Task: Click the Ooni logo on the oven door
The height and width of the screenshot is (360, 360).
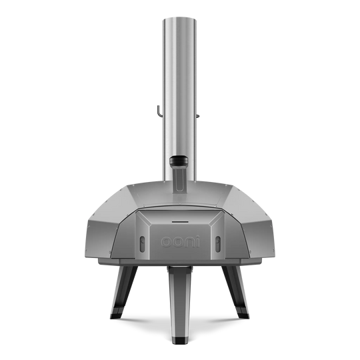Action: (180, 241)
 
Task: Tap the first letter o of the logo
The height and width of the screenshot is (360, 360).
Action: (166, 243)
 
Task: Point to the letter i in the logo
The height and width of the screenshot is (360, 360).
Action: (197, 241)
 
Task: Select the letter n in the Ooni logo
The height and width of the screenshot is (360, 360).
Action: (189, 243)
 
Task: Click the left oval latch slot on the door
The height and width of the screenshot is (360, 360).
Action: (143, 244)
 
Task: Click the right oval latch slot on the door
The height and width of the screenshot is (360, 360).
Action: (217, 244)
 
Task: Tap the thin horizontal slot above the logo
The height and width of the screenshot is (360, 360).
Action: (180, 222)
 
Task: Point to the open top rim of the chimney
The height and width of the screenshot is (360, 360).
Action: (180, 19)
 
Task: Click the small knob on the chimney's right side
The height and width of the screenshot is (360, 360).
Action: (198, 116)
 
